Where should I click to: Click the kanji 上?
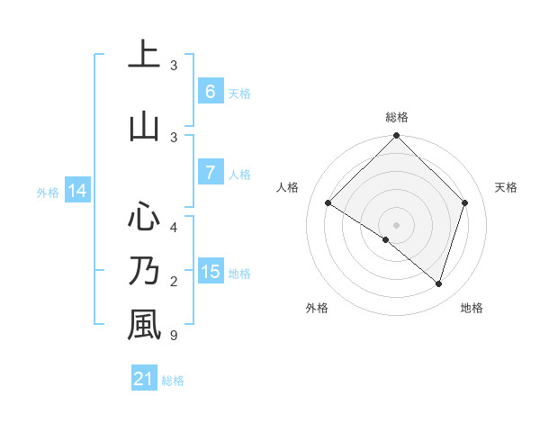point(144,55)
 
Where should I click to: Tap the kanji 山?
point(144,126)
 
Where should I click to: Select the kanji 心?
point(144,216)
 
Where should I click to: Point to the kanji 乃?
point(144,270)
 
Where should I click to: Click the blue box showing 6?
point(211,92)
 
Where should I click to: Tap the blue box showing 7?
point(211,173)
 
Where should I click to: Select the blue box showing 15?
point(211,272)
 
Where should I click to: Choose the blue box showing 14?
point(77,191)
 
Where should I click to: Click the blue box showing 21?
point(144,379)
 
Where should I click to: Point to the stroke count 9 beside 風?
point(174,336)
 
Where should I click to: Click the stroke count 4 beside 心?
point(174,228)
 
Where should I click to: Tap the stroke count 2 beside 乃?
point(174,282)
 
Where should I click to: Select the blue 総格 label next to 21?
point(173,381)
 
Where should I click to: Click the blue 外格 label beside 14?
point(48,192)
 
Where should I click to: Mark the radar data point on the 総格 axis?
point(396,137)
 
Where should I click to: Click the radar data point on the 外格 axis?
point(386,239)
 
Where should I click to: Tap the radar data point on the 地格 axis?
point(438,283)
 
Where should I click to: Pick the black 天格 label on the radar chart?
point(506,187)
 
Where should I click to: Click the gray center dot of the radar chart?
point(396,224)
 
